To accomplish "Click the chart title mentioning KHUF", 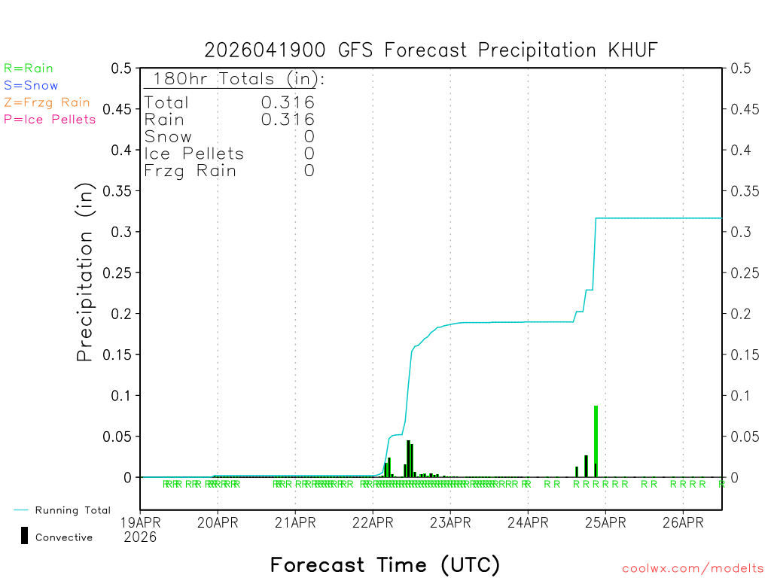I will click(431, 50).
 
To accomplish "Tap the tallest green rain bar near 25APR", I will click(596, 440).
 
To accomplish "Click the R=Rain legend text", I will click(29, 68).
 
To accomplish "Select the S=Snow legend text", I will click(31, 86).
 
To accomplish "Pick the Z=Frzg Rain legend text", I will click(47, 102).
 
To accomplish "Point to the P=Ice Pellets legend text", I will click(50, 119).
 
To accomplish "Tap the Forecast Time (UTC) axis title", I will click(385, 564).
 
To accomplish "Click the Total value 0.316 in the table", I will click(288, 102).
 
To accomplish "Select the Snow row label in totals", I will click(168, 137).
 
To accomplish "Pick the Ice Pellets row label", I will click(194, 154).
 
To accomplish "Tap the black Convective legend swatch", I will click(25, 536).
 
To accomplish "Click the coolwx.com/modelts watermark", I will click(693, 569).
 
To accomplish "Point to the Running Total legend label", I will click(73, 510).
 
